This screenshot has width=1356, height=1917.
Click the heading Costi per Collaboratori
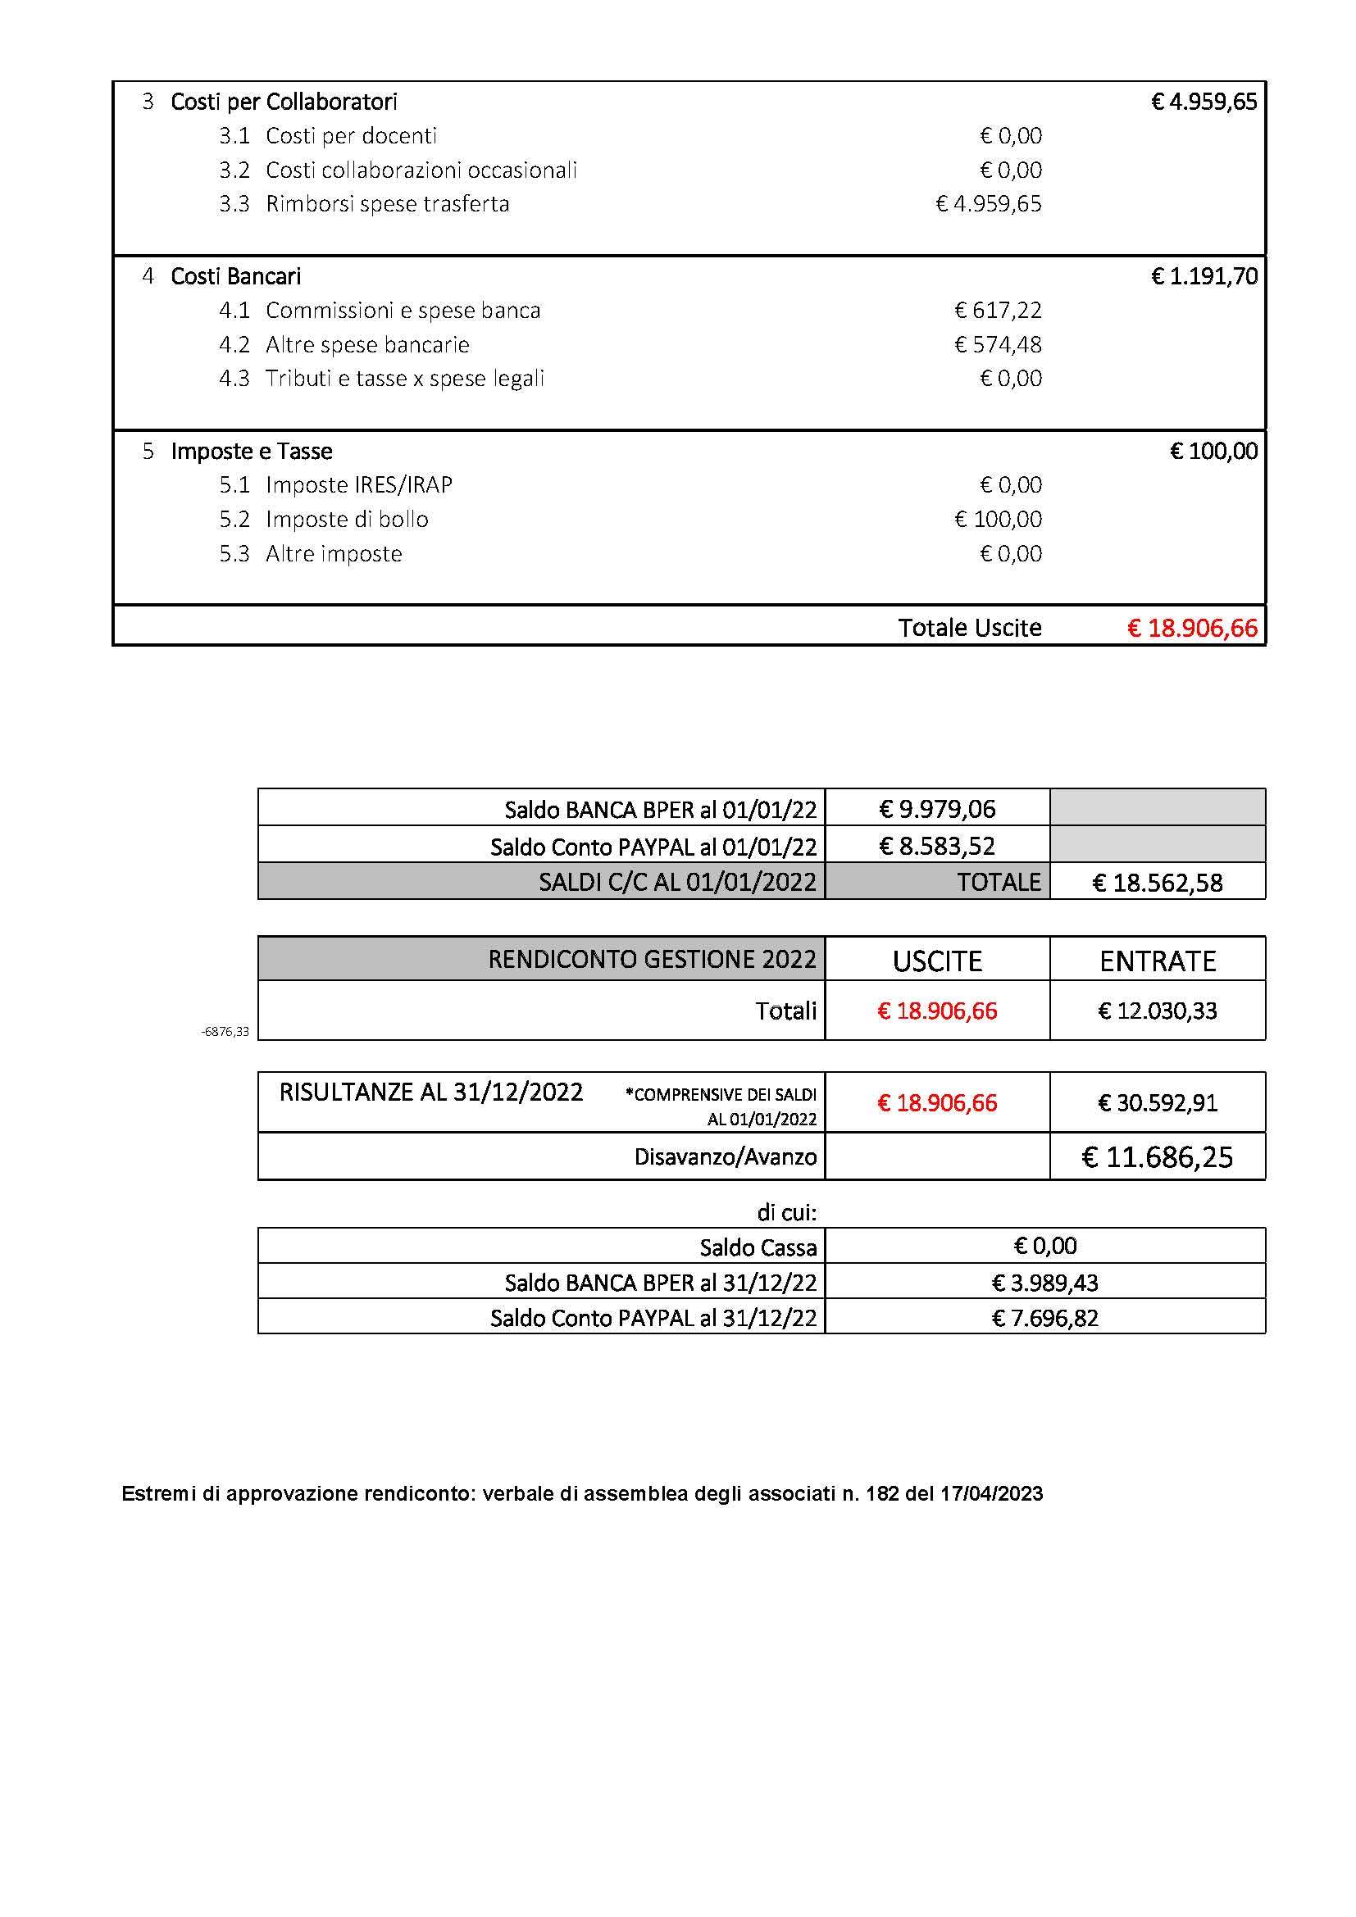[283, 102]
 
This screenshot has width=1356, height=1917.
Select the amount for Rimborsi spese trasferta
[989, 204]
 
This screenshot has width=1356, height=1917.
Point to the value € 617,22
[998, 311]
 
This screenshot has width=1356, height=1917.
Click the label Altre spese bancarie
[367, 345]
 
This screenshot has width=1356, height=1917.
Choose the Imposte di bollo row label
[347, 520]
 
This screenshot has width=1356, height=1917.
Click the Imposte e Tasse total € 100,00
[1213, 452]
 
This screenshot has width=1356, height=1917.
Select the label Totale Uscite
[969, 628]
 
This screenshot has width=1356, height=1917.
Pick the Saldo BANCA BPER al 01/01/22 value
[937, 808]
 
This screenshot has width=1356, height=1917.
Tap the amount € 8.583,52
[937, 846]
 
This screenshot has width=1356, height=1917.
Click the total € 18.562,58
[1158, 883]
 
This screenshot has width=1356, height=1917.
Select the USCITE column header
[937, 961]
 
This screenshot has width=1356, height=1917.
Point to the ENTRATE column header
[1158, 961]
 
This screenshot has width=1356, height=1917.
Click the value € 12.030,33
[1158, 1011]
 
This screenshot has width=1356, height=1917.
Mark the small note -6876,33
[225, 1032]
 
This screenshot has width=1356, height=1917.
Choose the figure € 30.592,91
[1158, 1103]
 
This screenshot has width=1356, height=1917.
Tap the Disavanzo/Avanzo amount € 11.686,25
[1158, 1157]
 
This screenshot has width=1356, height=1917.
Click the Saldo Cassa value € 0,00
[1044, 1247]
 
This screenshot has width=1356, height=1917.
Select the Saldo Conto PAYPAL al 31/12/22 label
[653, 1319]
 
